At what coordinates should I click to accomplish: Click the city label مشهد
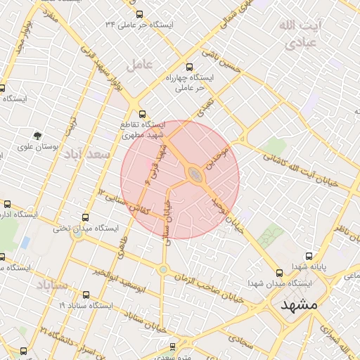(299, 305)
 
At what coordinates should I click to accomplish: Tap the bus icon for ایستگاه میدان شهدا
(279, 272)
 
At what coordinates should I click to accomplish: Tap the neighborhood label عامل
(139, 65)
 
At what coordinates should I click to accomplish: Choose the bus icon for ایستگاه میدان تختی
(86, 217)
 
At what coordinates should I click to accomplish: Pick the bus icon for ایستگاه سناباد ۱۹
(86, 295)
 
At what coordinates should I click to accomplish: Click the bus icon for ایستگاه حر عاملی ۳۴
(139, 13)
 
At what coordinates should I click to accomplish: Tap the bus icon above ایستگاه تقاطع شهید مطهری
(143, 113)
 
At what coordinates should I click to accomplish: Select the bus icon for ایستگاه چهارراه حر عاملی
(188, 67)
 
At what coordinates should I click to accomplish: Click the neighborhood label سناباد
(51, 285)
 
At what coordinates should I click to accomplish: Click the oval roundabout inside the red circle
(194, 174)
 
